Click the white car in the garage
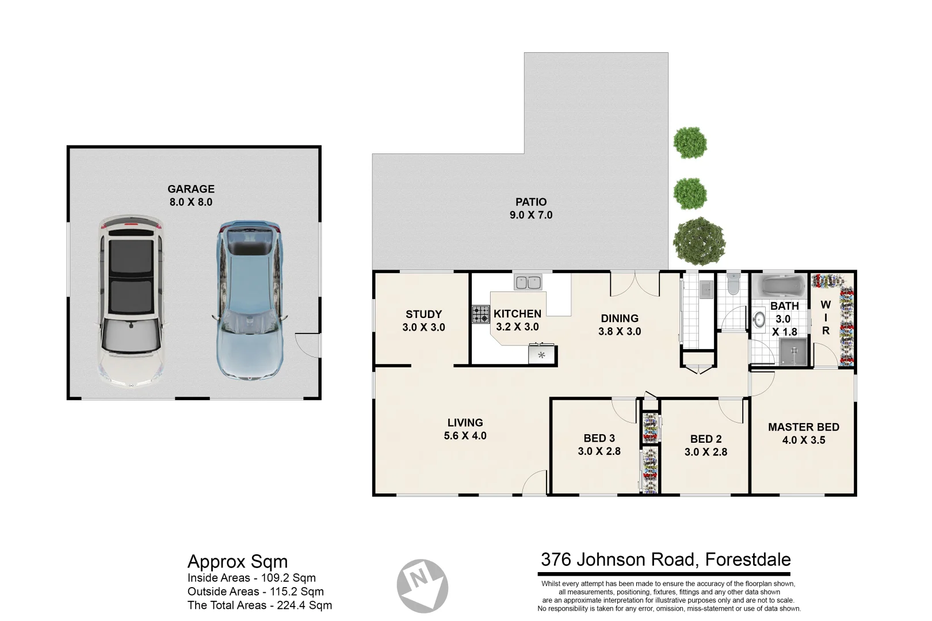click(x=129, y=302)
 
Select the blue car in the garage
click(x=249, y=301)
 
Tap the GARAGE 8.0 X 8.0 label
click(x=191, y=195)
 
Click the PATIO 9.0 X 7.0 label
click(x=530, y=208)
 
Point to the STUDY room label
click(x=423, y=321)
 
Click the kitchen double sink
click(x=528, y=282)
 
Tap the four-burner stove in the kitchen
click(x=481, y=314)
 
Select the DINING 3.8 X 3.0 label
click(x=619, y=324)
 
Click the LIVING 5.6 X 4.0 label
click(x=465, y=429)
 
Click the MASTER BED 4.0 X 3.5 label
click(x=803, y=433)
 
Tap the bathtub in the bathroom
click(x=780, y=285)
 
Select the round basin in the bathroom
click(x=760, y=319)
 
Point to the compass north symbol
click(x=422, y=585)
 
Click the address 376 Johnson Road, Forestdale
click(x=666, y=559)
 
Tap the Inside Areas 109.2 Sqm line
click(x=251, y=578)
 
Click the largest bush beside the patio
click(x=699, y=241)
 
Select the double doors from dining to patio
click(x=635, y=282)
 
